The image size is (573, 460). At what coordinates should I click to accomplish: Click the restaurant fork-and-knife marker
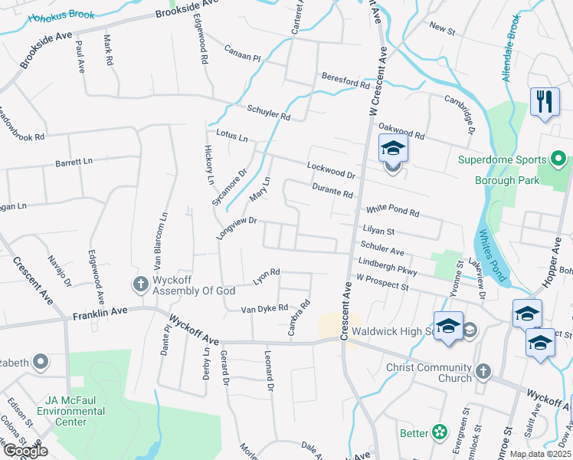545,103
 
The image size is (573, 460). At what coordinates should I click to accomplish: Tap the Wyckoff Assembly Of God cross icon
140,285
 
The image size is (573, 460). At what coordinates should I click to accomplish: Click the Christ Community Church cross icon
483,372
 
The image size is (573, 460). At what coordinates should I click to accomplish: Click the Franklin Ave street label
97,314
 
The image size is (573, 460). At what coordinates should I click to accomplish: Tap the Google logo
25,450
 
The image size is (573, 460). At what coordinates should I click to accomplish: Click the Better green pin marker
440,433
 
